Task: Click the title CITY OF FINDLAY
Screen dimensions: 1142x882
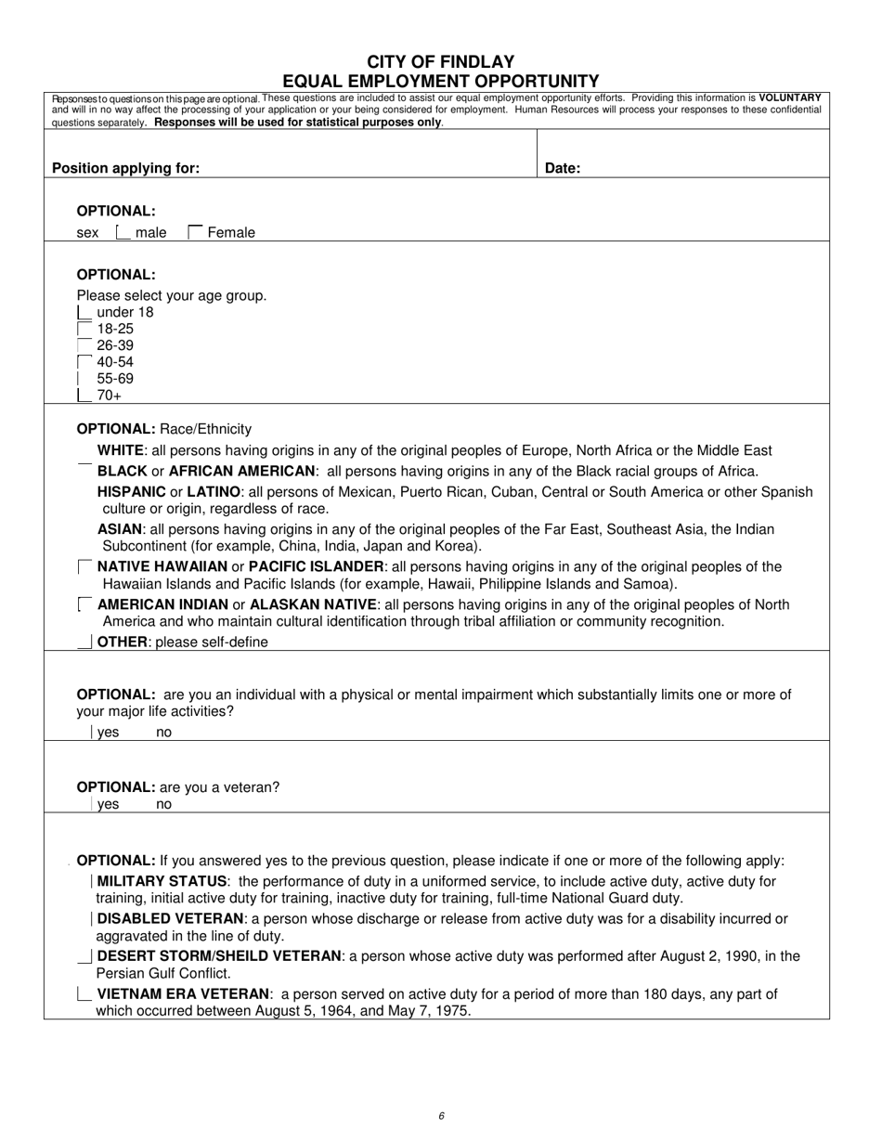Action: pyautogui.click(x=441, y=61)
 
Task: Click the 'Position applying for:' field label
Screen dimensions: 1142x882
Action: pyautogui.click(x=125, y=168)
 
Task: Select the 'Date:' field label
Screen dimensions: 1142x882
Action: pyautogui.click(x=562, y=168)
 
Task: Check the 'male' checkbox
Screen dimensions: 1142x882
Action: pyautogui.click(x=123, y=232)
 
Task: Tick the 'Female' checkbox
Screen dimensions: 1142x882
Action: pyautogui.click(x=195, y=232)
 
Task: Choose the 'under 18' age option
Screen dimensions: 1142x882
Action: pyautogui.click(x=84, y=312)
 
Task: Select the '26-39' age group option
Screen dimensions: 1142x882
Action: pyautogui.click(x=84, y=345)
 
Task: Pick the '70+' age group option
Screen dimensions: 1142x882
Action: pyautogui.click(x=84, y=396)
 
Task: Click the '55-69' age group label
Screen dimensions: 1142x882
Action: pyautogui.click(x=115, y=379)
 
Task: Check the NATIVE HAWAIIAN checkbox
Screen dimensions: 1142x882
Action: pyautogui.click(x=84, y=566)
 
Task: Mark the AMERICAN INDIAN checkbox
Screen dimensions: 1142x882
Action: pyautogui.click(x=84, y=604)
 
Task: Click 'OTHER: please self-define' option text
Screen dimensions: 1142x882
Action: pyautogui.click(x=182, y=642)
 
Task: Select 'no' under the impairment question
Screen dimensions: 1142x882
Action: pyautogui.click(x=163, y=733)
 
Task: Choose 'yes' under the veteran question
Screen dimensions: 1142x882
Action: pyautogui.click(x=108, y=805)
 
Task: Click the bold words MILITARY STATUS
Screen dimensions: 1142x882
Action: pyautogui.click(x=162, y=881)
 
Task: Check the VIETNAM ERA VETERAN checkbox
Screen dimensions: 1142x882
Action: pyautogui.click(x=84, y=994)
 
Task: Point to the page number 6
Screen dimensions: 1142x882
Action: pyautogui.click(x=441, y=1116)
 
